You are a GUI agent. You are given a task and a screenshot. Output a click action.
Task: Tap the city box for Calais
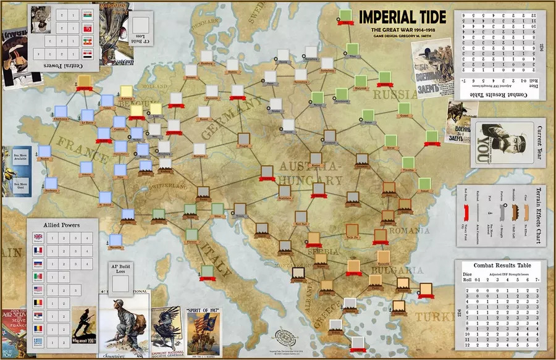click(109, 100)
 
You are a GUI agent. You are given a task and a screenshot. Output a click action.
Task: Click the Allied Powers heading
click(61, 225)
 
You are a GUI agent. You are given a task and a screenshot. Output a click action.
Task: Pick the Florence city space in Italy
click(192, 235)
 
